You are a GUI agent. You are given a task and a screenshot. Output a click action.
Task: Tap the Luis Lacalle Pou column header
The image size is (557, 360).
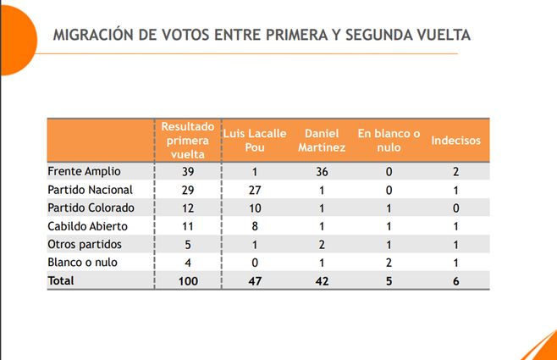point(254,140)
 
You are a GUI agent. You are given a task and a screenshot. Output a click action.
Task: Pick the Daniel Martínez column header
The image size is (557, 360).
point(323,140)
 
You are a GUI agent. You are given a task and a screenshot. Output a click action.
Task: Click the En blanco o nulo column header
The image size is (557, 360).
point(389,140)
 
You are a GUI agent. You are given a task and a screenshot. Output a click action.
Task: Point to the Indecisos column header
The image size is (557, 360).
point(455,140)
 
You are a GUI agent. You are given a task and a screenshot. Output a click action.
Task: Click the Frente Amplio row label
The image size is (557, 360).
point(84,171)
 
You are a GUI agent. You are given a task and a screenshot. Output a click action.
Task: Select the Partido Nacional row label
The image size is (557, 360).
point(91,189)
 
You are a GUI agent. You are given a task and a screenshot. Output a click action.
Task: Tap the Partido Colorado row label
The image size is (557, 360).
point(91,208)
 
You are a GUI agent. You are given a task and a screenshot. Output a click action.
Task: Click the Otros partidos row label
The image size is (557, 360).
point(85,244)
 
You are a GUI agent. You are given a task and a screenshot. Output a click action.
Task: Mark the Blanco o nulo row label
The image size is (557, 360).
point(83,263)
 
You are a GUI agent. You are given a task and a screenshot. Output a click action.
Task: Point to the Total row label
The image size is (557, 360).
point(61,280)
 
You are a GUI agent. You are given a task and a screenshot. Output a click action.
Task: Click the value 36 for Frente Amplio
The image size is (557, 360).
point(322,171)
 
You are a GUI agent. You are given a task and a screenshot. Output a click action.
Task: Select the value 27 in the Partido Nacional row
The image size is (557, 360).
point(254,190)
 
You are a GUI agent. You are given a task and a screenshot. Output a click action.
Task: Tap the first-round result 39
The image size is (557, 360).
point(188,171)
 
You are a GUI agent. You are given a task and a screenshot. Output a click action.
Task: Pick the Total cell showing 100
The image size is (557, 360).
point(188,281)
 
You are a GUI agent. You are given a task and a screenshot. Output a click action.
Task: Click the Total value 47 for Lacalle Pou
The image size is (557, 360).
point(254,281)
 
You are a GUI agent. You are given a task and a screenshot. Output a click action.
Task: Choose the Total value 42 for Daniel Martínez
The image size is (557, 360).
point(322,281)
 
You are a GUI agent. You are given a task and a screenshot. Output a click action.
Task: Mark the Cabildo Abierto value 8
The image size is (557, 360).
point(254,226)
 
